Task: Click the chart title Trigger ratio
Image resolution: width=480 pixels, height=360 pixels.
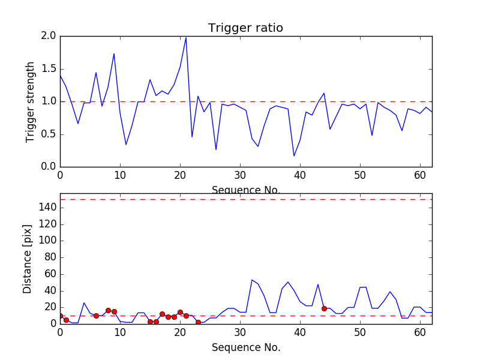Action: [x=245, y=28]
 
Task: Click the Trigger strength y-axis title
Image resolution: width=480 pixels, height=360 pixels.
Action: [x=31, y=101]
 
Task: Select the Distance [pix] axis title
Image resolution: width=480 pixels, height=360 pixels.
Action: [x=28, y=259]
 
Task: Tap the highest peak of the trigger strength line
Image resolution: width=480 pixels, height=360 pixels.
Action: [x=186, y=38]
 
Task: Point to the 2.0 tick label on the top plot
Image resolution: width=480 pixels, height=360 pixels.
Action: [x=49, y=36]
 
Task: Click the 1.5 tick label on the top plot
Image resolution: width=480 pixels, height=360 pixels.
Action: [x=49, y=69]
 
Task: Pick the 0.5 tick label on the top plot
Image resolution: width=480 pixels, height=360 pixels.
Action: [x=49, y=134]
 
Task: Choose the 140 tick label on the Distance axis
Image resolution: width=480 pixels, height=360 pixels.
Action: [x=47, y=208]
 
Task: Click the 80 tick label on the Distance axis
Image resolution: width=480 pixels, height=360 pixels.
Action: [x=49, y=257]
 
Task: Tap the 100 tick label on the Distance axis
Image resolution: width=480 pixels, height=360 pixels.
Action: [x=47, y=241]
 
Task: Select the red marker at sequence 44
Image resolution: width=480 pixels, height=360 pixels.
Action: [x=324, y=308]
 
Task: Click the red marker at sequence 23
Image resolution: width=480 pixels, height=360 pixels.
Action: [x=198, y=322]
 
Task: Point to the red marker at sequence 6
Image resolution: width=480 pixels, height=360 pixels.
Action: [x=96, y=316]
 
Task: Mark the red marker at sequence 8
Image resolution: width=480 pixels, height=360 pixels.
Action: [x=108, y=310]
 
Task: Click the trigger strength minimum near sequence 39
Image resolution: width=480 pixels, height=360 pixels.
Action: [x=294, y=156]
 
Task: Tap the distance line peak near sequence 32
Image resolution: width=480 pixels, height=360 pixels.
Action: [x=252, y=280]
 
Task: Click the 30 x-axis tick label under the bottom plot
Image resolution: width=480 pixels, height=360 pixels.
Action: [x=240, y=332]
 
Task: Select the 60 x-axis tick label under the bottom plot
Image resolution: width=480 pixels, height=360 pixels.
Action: [x=420, y=332]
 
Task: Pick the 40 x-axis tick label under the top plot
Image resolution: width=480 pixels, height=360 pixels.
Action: [x=300, y=175]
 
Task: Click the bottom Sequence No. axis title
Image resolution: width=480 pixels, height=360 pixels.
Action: [x=245, y=347]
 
